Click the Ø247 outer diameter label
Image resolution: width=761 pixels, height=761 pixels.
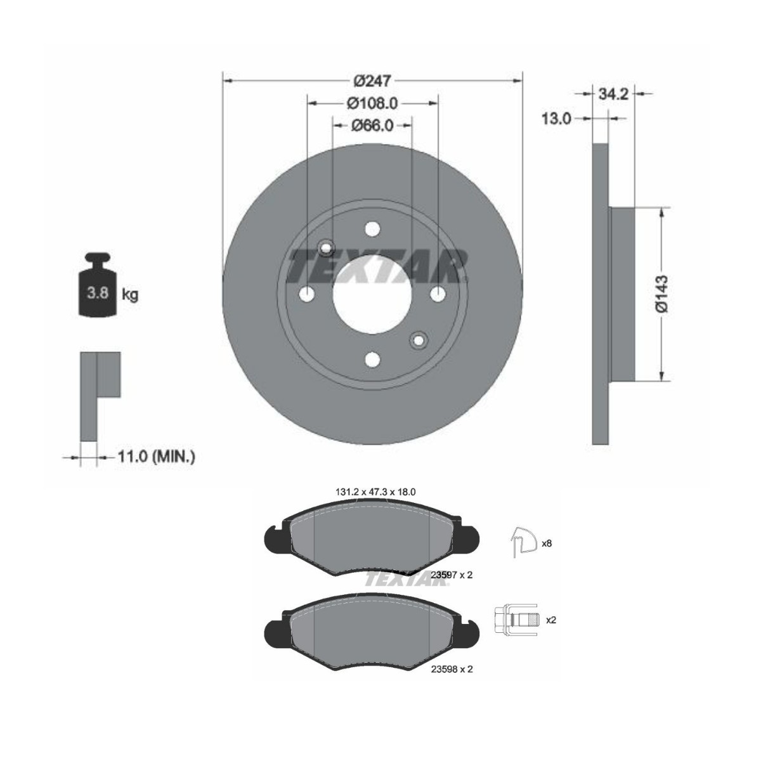pyautogui.click(x=372, y=81)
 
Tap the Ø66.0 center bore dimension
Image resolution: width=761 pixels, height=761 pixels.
pyautogui.click(x=372, y=126)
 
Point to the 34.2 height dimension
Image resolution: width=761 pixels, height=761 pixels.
pyautogui.click(x=613, y=94)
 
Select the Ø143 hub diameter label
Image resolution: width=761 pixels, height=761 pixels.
pyautogui.click(x=661, y=294)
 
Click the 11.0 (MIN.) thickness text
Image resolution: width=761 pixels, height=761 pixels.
pyautogui.click(x=156, y=456)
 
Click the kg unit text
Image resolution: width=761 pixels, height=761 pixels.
pyautogui.click(x=130, y=295)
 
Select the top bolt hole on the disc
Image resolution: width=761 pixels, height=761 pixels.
pyautogui.click(x=372, y=229)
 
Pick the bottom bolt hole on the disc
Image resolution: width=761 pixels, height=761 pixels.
pyautogui.click(x=372, y=360)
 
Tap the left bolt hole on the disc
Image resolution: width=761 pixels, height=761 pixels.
pyautogui.click(x=307, y=294)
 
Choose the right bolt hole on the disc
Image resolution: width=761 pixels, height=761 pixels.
pyautogui.click(x=438, y=294)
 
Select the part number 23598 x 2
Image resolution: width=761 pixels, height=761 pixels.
pyautogui.click(x=452, y=669)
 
